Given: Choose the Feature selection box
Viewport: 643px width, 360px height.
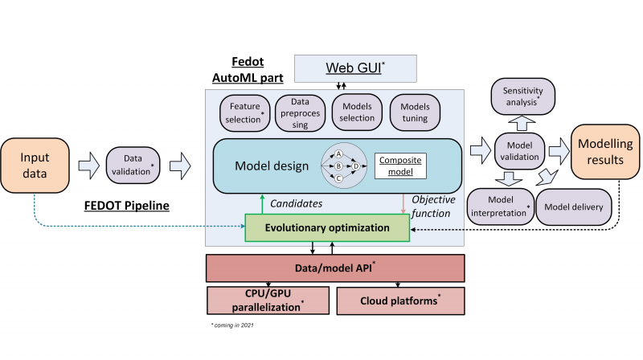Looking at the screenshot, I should [x=244, y=112].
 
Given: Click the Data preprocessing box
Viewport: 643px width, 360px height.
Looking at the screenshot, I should [x=299, y=112].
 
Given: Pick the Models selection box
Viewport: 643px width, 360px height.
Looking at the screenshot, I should [x=357, y=112].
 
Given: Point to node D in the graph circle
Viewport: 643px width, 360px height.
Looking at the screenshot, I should [x=356, y=166].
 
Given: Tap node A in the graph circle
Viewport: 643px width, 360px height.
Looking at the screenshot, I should [x=338, y=153].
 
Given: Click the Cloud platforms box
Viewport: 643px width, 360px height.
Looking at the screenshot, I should [x=399, y=300].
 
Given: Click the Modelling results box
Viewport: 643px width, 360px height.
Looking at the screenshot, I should [x=602, y=153].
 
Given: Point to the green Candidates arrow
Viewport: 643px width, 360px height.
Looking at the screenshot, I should [x=262, y=203].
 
